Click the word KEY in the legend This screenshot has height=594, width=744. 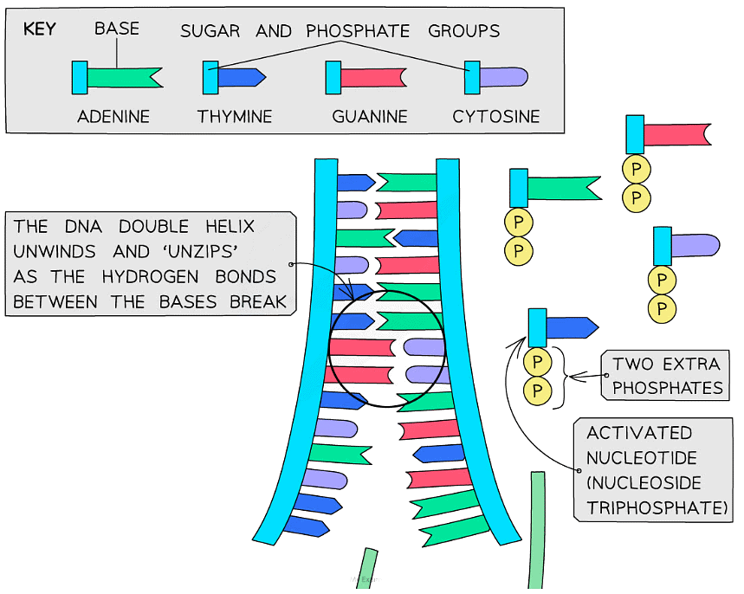[x=39, y=29]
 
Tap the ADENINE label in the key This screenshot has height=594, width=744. [x=113, y=116]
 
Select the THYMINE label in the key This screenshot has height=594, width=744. [x=235, y=116]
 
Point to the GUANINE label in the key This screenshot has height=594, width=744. [x=370, y=116]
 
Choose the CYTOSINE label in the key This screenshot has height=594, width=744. [x=496, y=116]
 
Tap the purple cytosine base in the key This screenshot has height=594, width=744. [x=503, y=77]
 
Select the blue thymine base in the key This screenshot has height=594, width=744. [x=241, y=77]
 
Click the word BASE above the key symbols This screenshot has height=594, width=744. [x=117, y=29]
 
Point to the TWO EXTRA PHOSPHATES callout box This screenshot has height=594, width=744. [x=665, y=375]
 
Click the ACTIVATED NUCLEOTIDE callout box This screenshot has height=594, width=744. [x=651, y=470]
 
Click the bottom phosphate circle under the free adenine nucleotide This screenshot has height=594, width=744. [x=519, y=251]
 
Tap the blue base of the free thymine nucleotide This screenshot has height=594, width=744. [x=572, y=327]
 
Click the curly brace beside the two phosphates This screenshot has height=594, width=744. [x=571, y=376]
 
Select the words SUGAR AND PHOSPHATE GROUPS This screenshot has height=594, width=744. [x=340, y=31]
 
